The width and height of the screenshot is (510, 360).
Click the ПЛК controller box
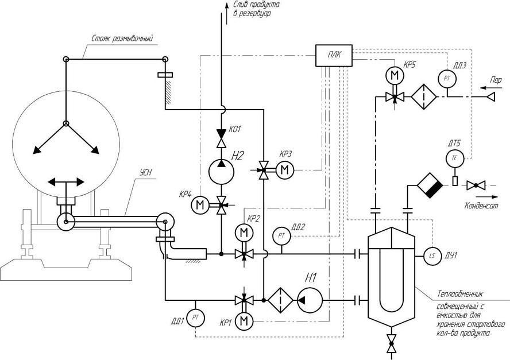pyautogui.click(x=334, y=56)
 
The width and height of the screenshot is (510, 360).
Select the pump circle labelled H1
pyautogui.click(x=310, y=300)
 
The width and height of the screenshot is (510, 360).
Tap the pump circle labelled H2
pyautogui.click(x=221, y=172)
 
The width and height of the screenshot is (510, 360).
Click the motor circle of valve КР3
pyautogui.click(x=285, y=170)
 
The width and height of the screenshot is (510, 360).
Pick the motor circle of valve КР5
pyautogui.click(x=395, y=76)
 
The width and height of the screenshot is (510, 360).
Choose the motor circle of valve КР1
pyautogui.click(x=244, y=322)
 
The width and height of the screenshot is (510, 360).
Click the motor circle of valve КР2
pyautogui.click(x=244, y=233)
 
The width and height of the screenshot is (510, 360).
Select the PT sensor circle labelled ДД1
pyautogui.click(x=195, y=317)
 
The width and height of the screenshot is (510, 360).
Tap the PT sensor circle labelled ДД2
pyautogui.click(x=281, y=236)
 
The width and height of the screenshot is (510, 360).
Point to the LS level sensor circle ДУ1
pyautogui.click(x=432, y=256)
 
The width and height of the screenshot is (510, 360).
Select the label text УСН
pyautogui.click(x=146, y=173)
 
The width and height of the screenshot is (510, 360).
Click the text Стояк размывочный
pyautogui.click(x=122, y=39)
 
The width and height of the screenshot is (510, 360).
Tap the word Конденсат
pyautogui.click(x=481, y=206)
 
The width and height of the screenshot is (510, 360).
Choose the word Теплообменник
pyautogui.click(x=460, y=295)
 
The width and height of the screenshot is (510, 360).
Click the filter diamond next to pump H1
pyautogui.click(x=280, y=300)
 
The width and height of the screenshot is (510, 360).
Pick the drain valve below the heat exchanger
pyautogui.click(x=392, y=343)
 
